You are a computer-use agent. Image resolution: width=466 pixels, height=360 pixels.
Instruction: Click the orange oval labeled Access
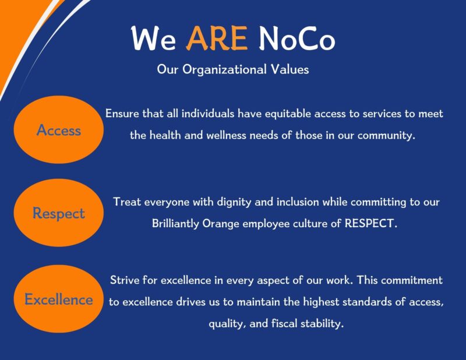[58, 130]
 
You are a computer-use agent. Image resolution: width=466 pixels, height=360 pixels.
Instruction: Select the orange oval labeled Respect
[58, 213]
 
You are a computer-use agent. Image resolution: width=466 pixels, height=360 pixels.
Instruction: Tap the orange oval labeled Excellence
[58, 299]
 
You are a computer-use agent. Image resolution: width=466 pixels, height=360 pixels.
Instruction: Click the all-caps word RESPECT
[369, 224]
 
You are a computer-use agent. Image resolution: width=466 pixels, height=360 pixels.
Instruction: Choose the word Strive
[125, 280]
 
